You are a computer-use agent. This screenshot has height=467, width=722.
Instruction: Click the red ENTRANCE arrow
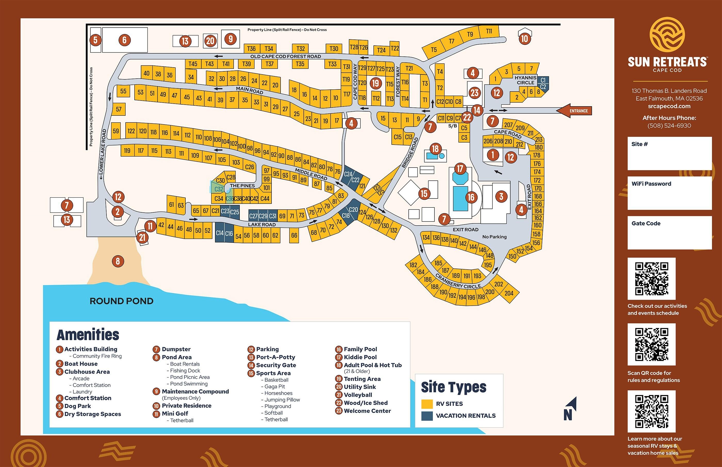tap(574, 111)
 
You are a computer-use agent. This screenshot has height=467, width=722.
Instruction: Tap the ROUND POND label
tap(122, 301)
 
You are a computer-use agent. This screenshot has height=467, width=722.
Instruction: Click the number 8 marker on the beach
tap(118, 261)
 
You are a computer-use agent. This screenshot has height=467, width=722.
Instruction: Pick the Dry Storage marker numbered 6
tap(124, 40)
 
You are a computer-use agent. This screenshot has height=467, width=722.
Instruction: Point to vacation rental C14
tap(220, 232)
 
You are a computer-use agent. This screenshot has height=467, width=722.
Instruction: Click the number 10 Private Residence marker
tap(524, 38)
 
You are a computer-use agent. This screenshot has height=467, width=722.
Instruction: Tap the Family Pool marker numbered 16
tap(471, 197)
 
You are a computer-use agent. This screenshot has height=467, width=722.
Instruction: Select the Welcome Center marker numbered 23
tap(475, 93)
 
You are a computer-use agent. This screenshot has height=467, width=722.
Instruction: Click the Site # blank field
tap(669, 153)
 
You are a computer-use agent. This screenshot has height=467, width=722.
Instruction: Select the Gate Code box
tap(669, 232)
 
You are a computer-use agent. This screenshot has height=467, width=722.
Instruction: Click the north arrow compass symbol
tap(570, 409)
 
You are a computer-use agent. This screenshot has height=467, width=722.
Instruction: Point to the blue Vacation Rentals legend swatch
tap(427, 416)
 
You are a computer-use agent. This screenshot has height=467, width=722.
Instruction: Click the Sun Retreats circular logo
tap(667, 34)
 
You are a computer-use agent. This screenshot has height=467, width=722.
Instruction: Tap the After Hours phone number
tap(669, 126)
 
